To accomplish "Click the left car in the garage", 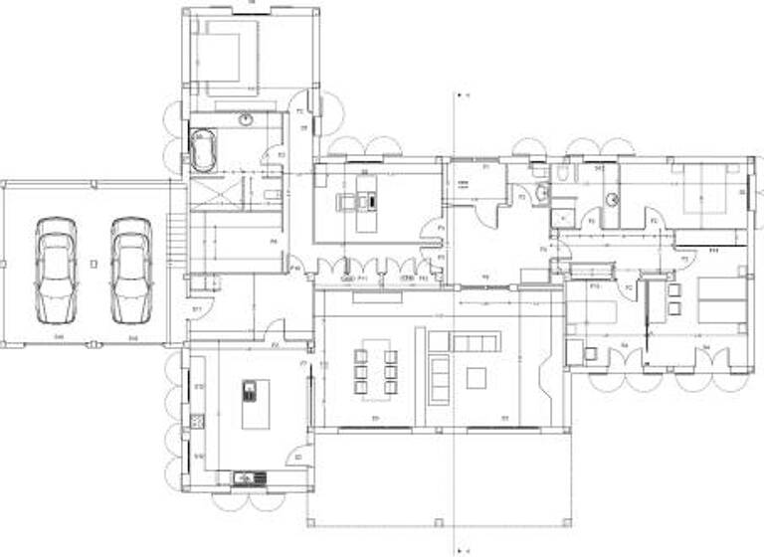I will pyautogui.click(x=56, y=270).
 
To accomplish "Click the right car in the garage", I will pyautogui.click(x=130, y=270).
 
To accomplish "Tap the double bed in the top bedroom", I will pyautogui.click(x=227, y=55).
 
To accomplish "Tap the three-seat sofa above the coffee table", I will pyautogui.click(x=477, y=342).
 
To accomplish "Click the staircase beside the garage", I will pyautogui.click(x=177, y=242).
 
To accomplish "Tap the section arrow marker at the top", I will pyautogui.click(x=460, y=95).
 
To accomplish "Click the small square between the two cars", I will pyautogui.click(x=93, y=264).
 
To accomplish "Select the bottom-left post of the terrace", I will pyautogui.click(x=307, y=524).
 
